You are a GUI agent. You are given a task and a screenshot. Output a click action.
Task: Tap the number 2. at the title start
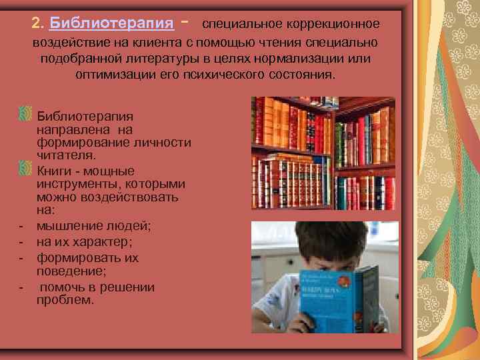[x=38, y=24]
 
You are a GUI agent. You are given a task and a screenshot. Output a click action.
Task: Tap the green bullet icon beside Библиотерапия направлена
[x=25, y=110]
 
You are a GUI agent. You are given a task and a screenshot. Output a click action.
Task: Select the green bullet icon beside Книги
[x=25, y=166]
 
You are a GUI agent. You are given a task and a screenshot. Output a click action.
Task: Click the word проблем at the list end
[x=64, y=300]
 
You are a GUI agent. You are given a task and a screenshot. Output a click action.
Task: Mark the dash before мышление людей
[x=21, y=227]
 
